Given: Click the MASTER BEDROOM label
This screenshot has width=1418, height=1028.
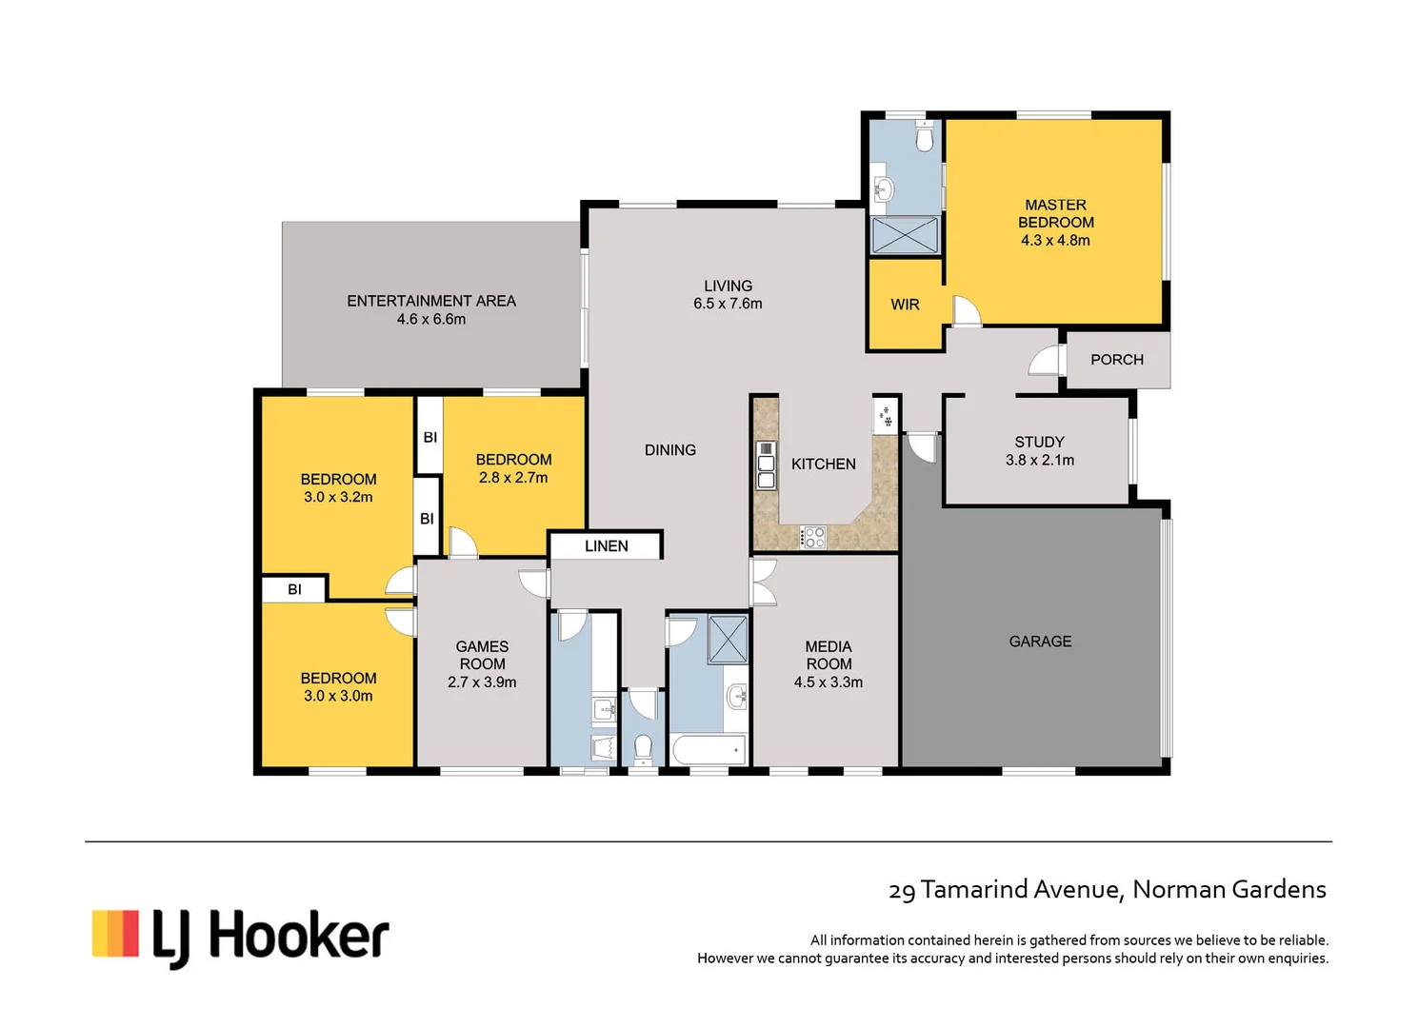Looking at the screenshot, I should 1055,213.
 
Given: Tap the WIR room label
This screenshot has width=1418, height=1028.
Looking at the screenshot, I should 905,305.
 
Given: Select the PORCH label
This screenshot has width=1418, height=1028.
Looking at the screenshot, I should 1116,360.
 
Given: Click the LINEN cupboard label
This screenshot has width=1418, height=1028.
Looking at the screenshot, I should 606,546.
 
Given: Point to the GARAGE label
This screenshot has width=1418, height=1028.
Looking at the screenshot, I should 1040,642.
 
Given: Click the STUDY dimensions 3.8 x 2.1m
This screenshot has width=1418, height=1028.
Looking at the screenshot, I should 1039,461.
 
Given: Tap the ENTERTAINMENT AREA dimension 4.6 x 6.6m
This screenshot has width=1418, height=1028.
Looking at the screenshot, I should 430,320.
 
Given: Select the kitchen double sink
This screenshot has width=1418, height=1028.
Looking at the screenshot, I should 766,465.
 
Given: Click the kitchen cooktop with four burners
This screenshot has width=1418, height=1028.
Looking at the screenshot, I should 812,537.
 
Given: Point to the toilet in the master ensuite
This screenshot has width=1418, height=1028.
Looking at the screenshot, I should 924,139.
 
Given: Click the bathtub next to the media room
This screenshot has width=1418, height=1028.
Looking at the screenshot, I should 709,750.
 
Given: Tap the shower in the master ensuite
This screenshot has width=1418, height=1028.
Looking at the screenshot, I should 905,235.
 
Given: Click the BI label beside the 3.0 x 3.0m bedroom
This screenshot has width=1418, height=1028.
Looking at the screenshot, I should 294,589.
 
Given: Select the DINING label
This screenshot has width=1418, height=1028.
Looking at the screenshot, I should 669,450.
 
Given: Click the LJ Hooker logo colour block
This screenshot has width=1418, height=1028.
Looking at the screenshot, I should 115,934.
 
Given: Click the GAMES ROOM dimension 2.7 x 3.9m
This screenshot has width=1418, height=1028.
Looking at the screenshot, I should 482,682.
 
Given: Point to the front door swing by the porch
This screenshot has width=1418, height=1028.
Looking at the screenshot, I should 1046,361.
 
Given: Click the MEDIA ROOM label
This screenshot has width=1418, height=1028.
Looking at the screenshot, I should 828,655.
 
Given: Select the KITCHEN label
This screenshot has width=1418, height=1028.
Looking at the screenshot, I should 823,465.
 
